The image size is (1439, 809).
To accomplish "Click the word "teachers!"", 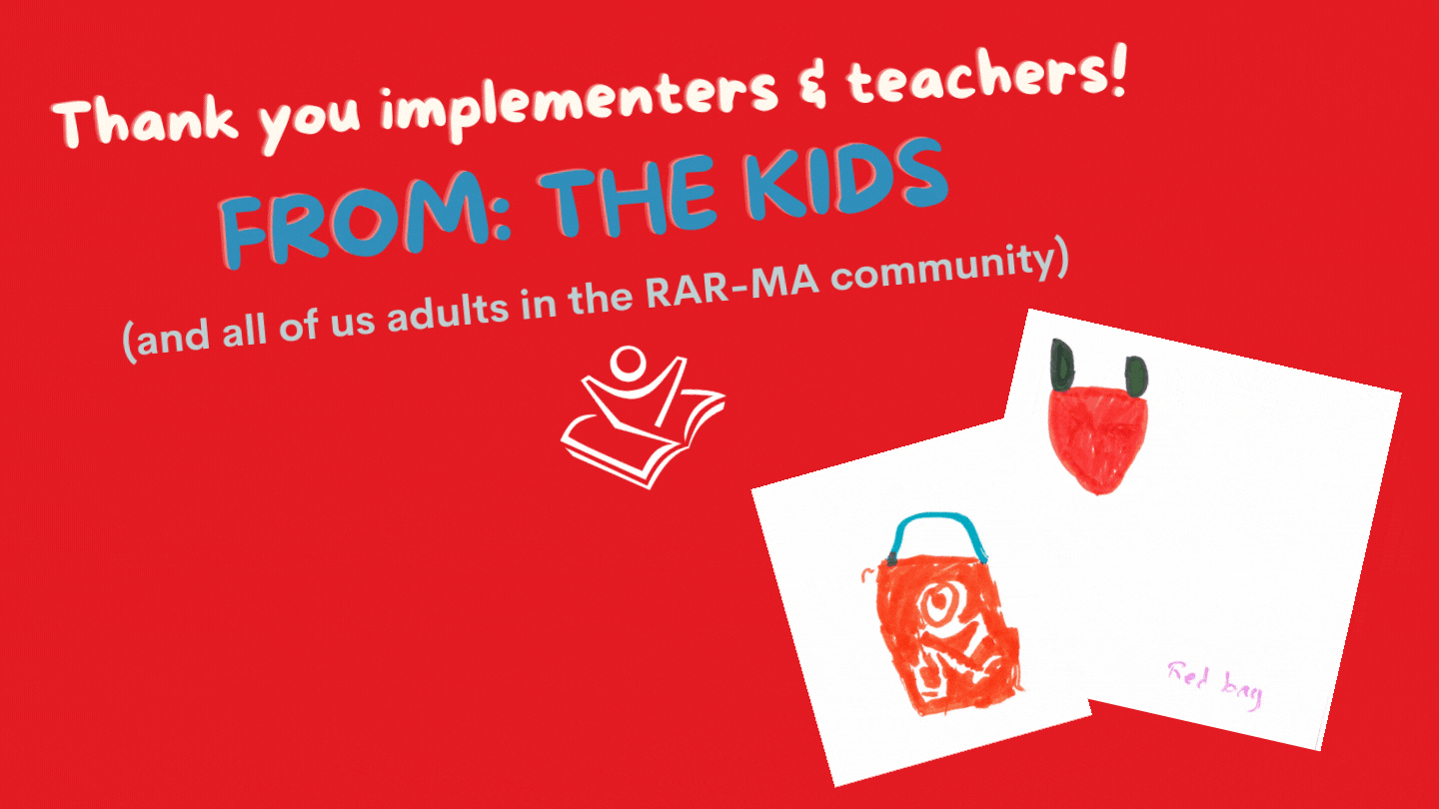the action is click(x=986, y=75).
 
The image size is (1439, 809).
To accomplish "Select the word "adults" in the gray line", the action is click(x=449, y=313).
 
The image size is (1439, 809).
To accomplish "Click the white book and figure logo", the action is click(x=644, y=416).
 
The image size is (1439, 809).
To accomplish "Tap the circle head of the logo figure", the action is click(x=627, y=363).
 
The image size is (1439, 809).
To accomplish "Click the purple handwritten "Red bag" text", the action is click(x=1214, y=685).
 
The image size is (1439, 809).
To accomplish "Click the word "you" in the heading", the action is click(x=309, y=122).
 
